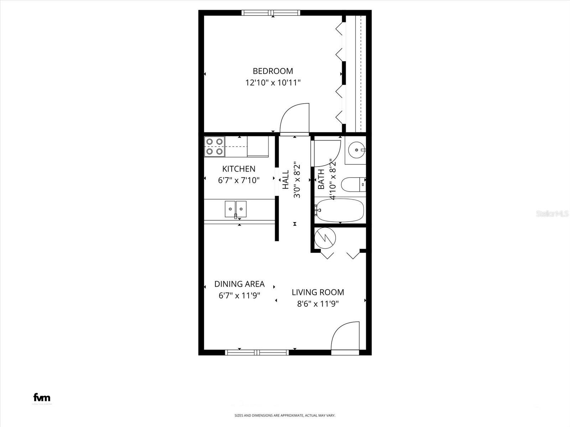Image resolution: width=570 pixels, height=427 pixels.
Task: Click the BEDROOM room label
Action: tap(273, 71)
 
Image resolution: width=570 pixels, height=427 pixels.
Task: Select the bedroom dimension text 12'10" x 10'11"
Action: tap(273, 83)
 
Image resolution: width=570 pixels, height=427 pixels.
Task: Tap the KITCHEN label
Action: tap(239, 169)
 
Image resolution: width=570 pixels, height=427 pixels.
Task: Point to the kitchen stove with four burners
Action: tap(214, 147)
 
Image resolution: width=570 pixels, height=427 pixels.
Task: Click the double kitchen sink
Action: tap(235, 209)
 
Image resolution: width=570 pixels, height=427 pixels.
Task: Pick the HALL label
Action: tap(286, 180)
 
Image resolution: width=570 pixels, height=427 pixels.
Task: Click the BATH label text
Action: tap(321, 179)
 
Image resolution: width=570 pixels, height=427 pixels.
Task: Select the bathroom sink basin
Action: tap(356, 150)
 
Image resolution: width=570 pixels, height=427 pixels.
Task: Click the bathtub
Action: tap(340, 210)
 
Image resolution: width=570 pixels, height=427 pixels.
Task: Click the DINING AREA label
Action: tap(239, 284)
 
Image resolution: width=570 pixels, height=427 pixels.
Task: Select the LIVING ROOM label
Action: tap(318, 292)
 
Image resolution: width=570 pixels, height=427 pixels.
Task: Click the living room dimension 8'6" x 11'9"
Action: tap(318, 304)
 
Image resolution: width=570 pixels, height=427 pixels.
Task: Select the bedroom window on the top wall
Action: tap(271, 13)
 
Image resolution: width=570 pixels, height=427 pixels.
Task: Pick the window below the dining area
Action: tap(256, 352)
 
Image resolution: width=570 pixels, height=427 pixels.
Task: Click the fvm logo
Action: tap(42, 397)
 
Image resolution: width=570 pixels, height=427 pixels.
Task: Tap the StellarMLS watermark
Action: tap(552, 214)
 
